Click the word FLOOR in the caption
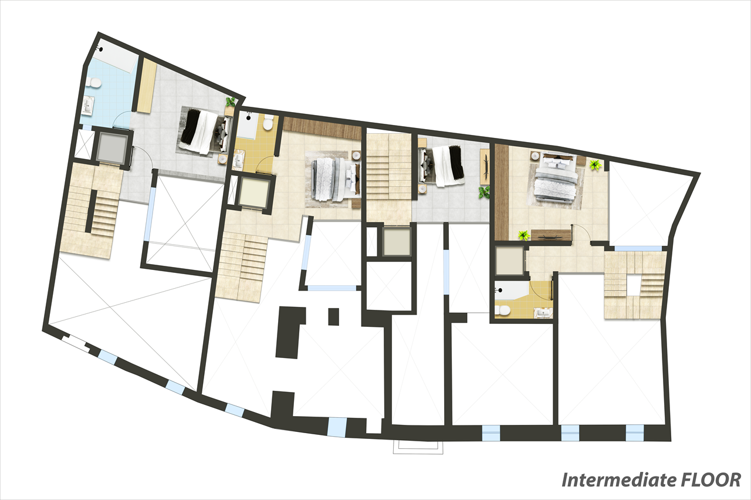pos(711,480)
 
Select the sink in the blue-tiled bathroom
pos(89,106)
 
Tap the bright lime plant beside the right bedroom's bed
pos(596,165)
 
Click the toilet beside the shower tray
pos(268,123)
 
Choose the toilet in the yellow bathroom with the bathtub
pos(502,310)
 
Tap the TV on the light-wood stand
pos(486,167)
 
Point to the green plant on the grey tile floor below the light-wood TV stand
pos(484,192)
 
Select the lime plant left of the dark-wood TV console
pos(524,235)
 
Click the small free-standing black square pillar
pos(333,316)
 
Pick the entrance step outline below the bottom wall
pos(418,447)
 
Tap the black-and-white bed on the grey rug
pos(204,132)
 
